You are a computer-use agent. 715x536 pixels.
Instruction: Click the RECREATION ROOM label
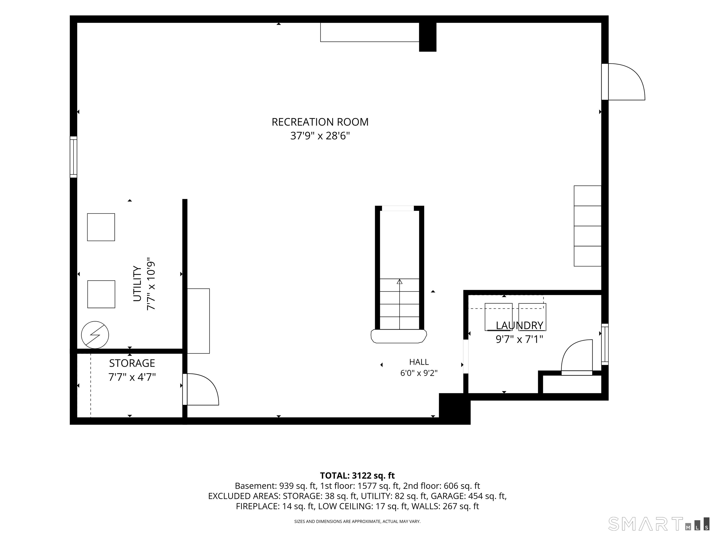(x=320, y=122)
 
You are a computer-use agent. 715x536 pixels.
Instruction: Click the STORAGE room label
(x=132, y=363)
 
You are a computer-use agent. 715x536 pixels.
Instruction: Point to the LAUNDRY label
(x=519, y=326)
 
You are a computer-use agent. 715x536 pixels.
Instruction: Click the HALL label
(x=419, y=362)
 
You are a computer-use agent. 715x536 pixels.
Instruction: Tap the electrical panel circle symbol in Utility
(x=95, y=335)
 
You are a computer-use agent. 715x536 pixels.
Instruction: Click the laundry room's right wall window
(x=605, y=344)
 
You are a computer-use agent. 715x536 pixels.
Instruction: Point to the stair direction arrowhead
(x=400, y=282)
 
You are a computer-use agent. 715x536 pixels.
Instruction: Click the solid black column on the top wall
(x=428, y=37)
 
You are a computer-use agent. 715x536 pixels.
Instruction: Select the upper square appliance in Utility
(x=101, y=227)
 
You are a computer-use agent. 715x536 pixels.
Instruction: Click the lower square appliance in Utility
(x=101, y=294)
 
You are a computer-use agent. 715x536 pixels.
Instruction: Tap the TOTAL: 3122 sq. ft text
(x=357, y=476)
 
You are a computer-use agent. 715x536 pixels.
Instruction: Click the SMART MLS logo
(x=659, y=524)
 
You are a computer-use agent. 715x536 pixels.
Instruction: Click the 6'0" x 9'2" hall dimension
(x=419, y=373)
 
